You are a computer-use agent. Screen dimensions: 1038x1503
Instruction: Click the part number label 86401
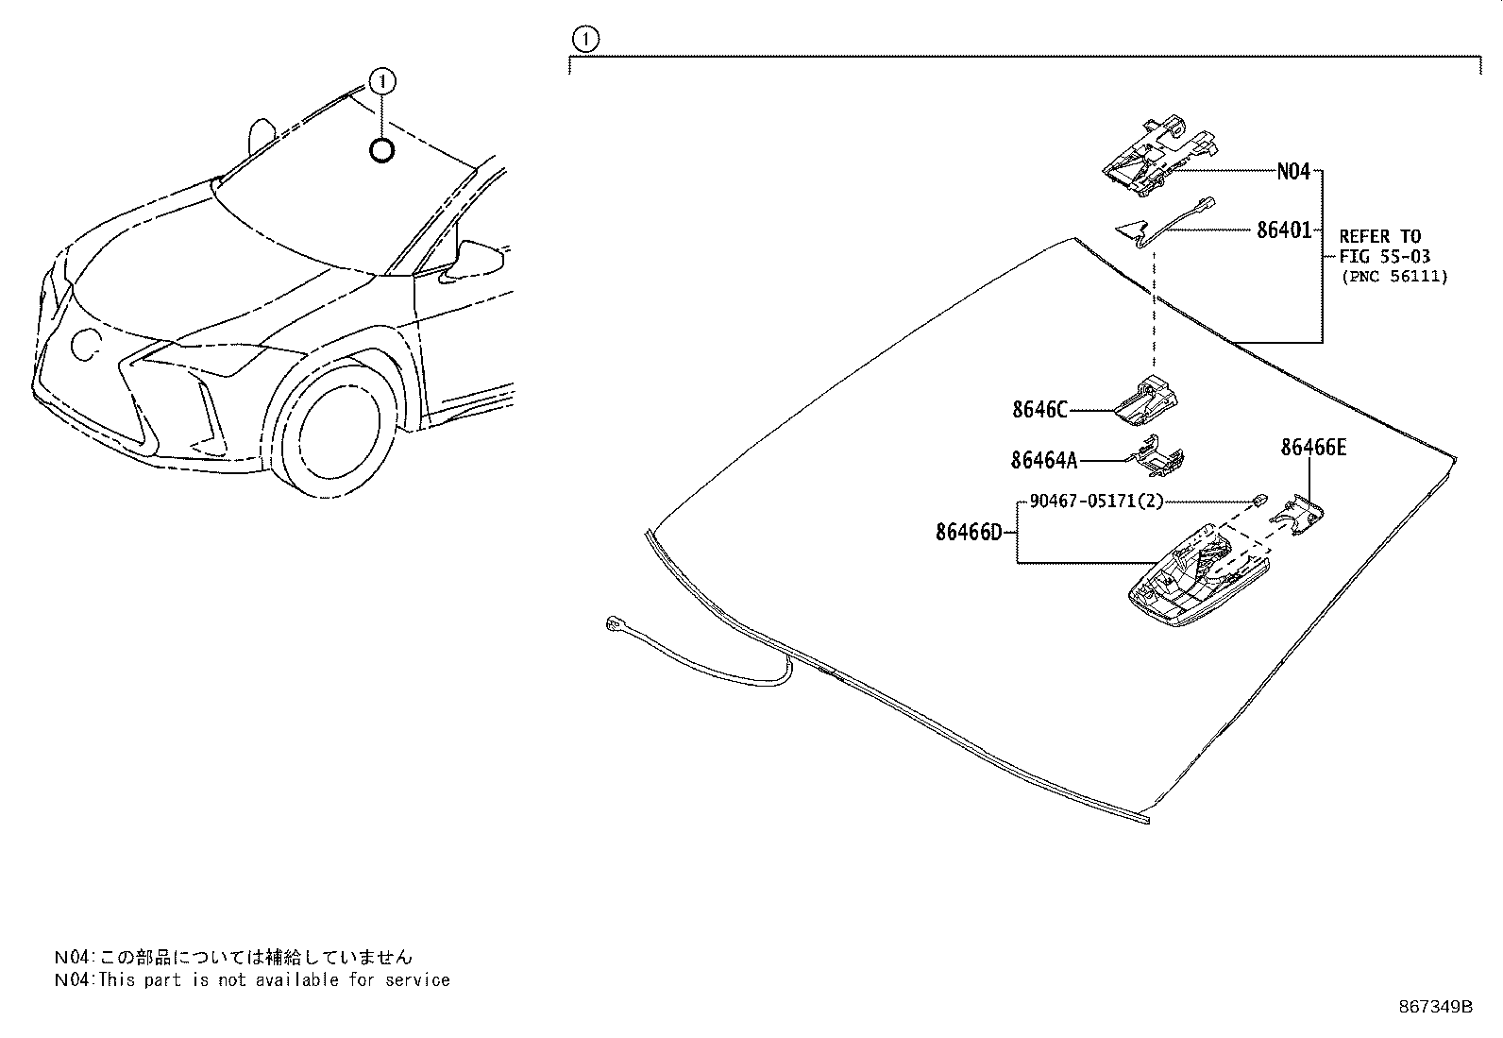point(1283,230)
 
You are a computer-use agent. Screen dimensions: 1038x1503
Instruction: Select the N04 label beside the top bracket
point(1293,172)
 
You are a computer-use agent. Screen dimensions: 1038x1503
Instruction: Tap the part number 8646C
point(1039,410)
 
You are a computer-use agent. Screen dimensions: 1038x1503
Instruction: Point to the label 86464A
point(1043,460)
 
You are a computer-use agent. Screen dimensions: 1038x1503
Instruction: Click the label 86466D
point(968,533)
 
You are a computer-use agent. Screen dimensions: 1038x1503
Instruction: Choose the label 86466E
point(1313,448)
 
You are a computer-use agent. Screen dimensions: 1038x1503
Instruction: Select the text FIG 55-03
point(1384,256)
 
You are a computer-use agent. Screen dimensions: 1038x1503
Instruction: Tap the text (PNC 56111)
point(1393,277)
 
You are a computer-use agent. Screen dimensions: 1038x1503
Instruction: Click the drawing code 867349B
point(1435,1007)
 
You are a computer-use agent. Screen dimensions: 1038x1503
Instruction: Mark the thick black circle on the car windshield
point(381,149)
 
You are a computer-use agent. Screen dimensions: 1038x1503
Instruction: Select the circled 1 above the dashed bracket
point(585,39)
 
